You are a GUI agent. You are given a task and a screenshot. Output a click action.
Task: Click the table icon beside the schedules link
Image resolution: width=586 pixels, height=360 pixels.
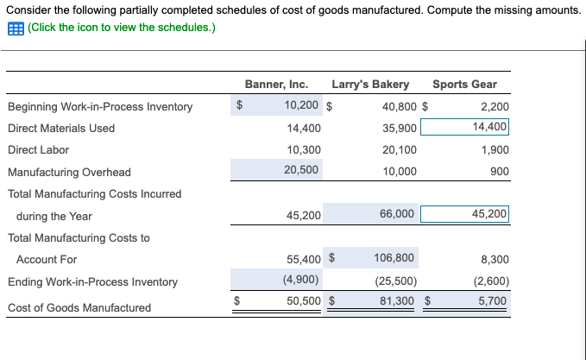[x=16, y=28]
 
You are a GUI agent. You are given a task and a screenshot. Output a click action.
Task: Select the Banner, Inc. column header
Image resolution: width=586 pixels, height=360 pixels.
[x=276, y=85]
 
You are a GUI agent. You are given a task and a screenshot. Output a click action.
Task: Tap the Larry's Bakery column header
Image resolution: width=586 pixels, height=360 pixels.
[x=370, y=85]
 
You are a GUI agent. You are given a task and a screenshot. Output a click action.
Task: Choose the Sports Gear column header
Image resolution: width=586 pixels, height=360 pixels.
[x=464, y=85]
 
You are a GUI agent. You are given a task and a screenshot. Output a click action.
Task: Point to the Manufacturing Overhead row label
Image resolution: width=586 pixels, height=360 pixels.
[x=69, y=172]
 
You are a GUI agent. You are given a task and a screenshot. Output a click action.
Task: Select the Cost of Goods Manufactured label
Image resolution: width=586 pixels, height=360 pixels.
[x=79, y=307]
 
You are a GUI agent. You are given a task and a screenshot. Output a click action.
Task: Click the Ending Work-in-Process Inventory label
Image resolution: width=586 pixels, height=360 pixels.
[x=92, y=281]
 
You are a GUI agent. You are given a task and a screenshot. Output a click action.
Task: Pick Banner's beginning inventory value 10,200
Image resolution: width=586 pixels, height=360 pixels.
[x=302, y=106]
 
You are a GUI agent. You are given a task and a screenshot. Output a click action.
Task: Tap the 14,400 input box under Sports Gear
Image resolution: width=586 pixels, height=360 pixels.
[x=465, y=128]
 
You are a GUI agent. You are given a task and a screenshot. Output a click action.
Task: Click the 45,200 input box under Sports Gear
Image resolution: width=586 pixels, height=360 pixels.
[x=465, y=214]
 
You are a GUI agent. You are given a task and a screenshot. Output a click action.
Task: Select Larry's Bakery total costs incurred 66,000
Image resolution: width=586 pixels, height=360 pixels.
[x=397, y=214]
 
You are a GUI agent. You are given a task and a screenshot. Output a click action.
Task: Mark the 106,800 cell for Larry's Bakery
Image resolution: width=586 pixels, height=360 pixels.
[x=394, y=257]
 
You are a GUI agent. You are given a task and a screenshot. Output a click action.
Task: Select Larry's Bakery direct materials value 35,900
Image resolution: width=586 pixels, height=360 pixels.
[x=399, y=128]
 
